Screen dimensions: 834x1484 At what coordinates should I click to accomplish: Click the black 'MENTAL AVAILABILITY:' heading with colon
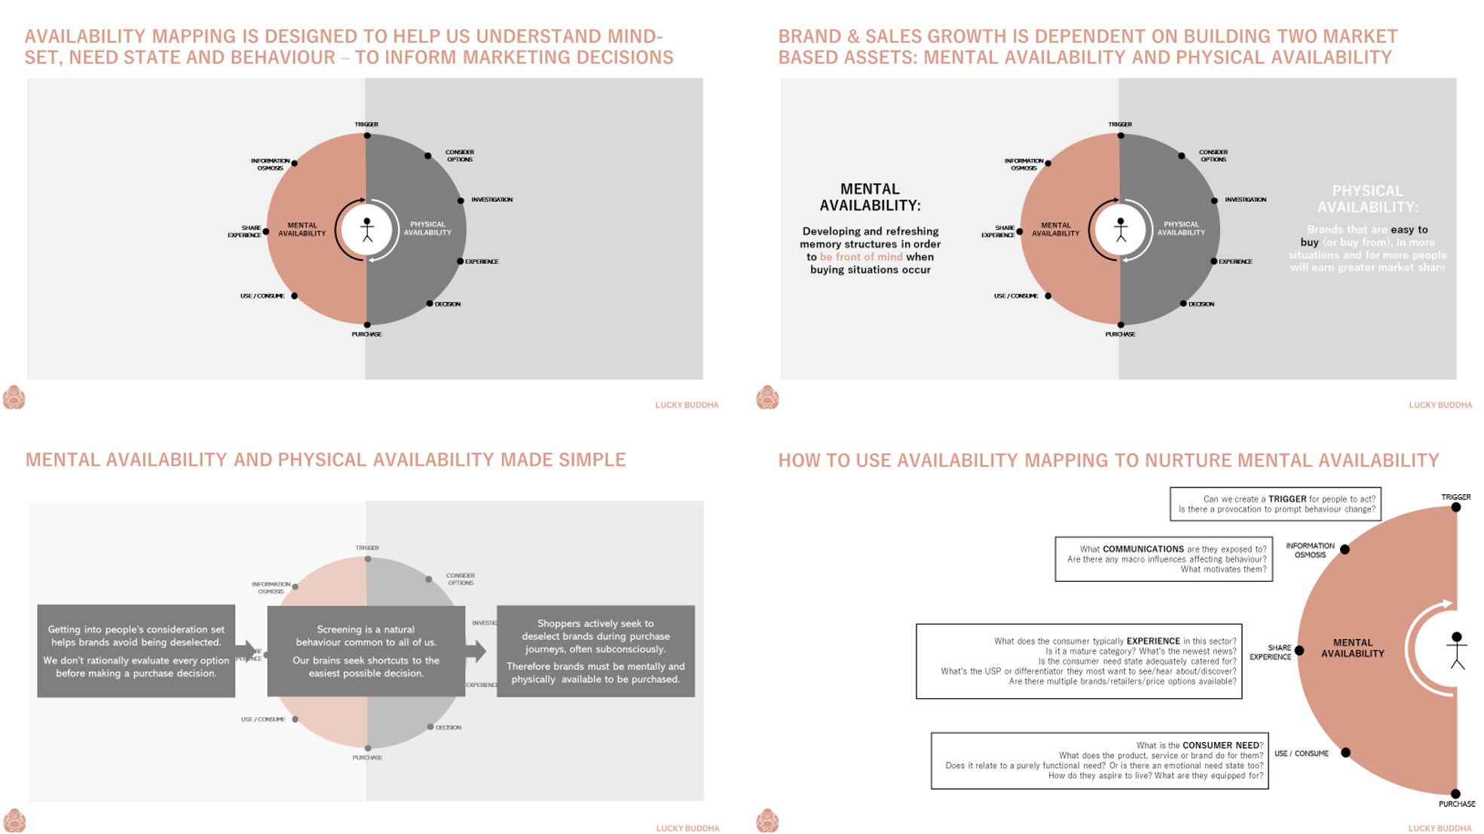[x=870, y=197]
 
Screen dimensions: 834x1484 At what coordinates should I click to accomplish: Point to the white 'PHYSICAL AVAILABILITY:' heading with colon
[x=1367, y=199]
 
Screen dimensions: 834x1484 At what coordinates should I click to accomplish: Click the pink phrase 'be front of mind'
[x=861, y=257]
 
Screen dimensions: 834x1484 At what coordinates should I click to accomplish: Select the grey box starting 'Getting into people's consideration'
[x=136, y=651]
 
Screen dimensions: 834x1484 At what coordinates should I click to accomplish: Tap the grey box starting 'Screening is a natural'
[x=366, y=651]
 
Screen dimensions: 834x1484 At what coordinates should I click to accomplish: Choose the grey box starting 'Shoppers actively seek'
[x=595, y=651]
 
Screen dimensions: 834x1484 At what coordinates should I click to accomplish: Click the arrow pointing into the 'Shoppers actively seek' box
[x=476, y=651]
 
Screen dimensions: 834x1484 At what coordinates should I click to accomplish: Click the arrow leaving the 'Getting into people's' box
[x=246, y=651]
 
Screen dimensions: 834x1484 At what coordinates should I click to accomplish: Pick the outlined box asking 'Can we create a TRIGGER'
[x=1275, y=504]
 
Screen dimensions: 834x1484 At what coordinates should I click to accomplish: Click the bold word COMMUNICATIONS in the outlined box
[x=1143, y=549]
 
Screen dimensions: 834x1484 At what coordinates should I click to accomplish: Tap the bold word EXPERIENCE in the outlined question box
[x=1153, y=641]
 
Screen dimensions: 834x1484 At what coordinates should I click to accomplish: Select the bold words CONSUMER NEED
[x=1220, y=745]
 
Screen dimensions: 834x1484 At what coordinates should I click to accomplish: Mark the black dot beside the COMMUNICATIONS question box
[x=1345, y=549]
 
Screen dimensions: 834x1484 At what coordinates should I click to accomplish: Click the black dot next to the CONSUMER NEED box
[x=1345, y=753]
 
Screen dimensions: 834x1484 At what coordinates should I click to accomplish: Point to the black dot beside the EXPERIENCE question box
[x=1299, y=650]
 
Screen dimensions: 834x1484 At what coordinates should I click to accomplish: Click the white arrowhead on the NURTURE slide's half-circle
[x=1446, y=603]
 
